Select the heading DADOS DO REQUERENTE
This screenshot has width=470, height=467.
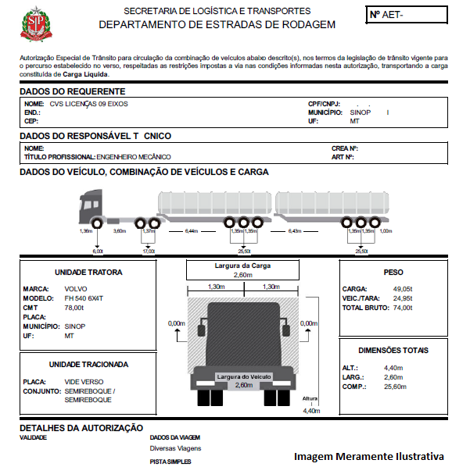[x=71, y=91]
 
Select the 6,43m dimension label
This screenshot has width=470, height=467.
[x=295, y=232]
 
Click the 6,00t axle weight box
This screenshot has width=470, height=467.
[x=98, y=251]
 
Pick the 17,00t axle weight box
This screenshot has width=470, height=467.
[x=149, y=251]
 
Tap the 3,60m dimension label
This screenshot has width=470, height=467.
[x=120, y=232]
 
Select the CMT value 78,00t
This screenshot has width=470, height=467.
[x=75, y=308]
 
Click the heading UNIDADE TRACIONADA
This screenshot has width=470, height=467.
[x=88, y=364]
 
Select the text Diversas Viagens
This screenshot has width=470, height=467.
[x=175, y=448]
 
